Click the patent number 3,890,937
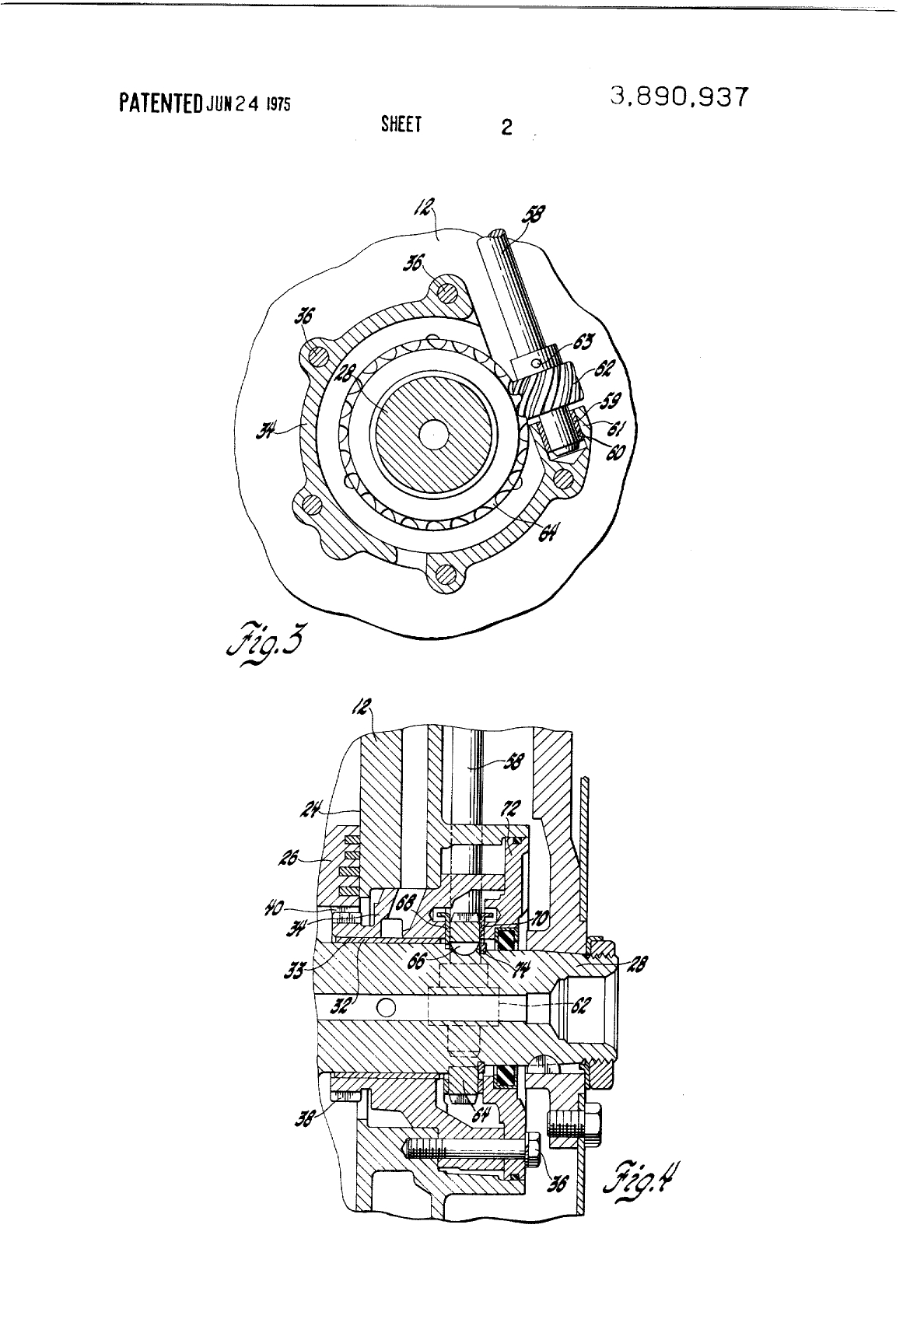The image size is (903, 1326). pyautogui.click(x=680, y=97)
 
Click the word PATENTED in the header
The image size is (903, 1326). pyautogui.click(x=161, y=103)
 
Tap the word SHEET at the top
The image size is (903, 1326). pyautogui.click(x=401, y=125)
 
